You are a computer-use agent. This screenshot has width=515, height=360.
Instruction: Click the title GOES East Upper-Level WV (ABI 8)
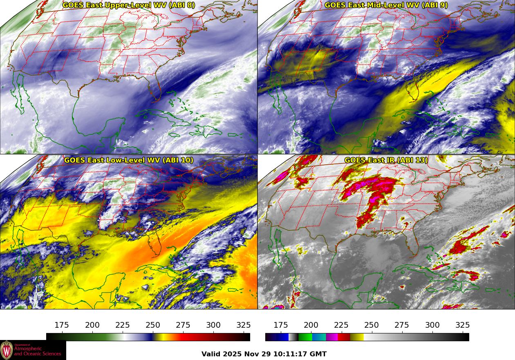tap(129, 5)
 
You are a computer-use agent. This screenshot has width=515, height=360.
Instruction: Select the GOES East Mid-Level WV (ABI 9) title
tap(386, 5)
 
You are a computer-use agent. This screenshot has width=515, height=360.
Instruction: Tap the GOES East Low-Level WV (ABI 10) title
tap(129, 160)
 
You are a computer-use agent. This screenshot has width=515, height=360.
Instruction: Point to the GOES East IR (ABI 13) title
tap(386, 160)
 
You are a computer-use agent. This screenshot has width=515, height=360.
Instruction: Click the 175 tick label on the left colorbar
tap(62, 325)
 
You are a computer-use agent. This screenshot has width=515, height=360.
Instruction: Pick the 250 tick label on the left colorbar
tap(153, 325)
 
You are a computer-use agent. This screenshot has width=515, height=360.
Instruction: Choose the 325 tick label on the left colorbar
tap(244, 325)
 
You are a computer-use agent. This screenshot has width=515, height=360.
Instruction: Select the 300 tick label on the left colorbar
tap(213, 325)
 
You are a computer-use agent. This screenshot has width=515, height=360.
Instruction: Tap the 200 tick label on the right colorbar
tap(311, 325)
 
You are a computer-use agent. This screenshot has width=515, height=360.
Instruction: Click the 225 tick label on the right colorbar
tap(341, 325)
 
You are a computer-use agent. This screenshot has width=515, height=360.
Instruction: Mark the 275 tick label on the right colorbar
tap(402, 325)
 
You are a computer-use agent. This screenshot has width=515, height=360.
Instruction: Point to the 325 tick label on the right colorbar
tap(463, 325)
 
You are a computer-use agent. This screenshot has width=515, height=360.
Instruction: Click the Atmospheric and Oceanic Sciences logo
tap(33, 350)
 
